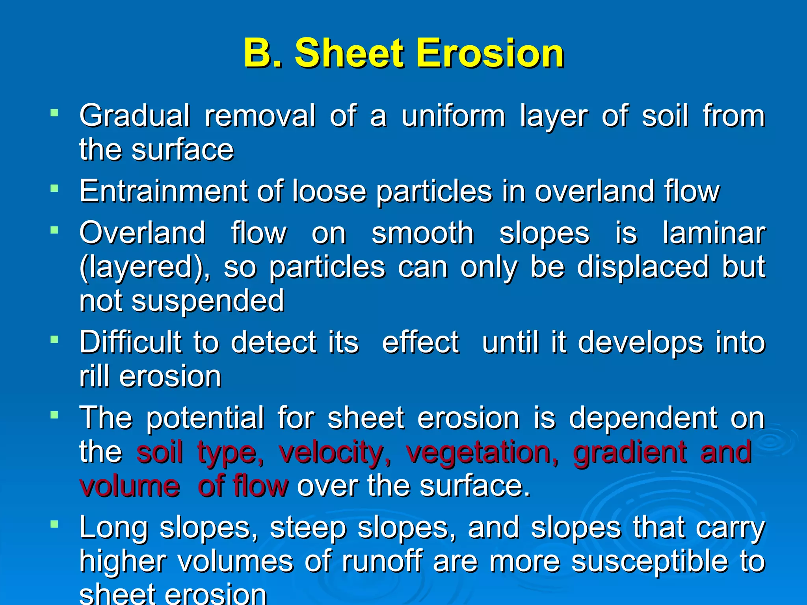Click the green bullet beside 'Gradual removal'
click(x=54, y=113)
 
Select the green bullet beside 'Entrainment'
click(x=54, y=189)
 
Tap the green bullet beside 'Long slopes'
click(x=54, y=524)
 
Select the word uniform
click(x=453, y=116)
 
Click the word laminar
click(x=714, y=233)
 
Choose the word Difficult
click(x=130, y=342)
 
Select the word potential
click(x=205, y=418)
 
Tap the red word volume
click(x=130, y=486)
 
